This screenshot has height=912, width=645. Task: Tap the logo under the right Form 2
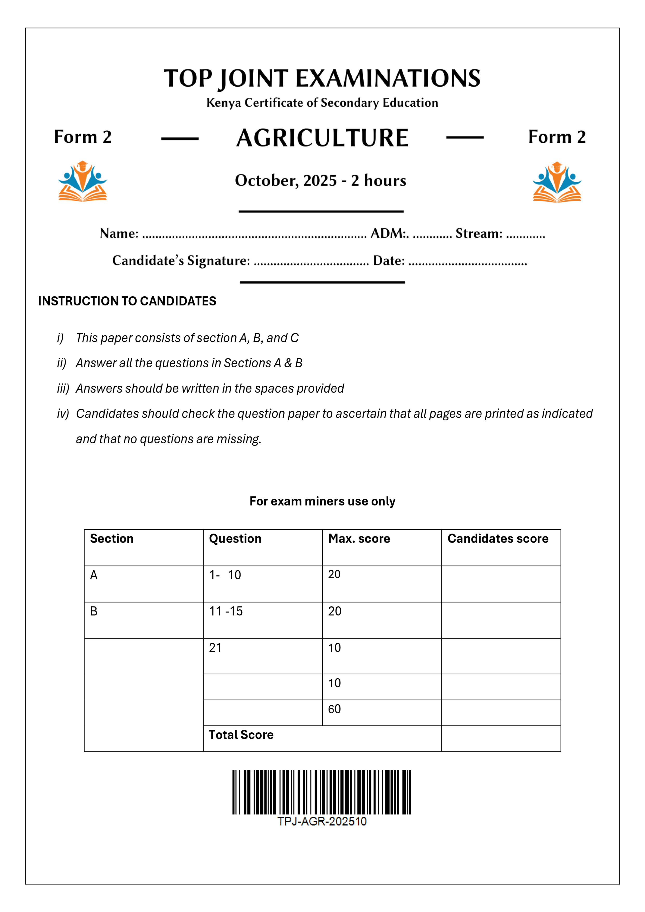[x=557, y=182]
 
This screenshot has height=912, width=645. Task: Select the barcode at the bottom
[x=321, y=792]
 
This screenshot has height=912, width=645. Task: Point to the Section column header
[x=112, y=539]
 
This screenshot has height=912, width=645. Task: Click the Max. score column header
[x=359, y=539]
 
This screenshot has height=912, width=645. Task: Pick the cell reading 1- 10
[x=225, y=575]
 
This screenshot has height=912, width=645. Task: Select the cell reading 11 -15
[x=226, y=611]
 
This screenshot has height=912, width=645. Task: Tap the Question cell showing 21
[x=215, y=648]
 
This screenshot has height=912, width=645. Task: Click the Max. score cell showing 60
[x=334, y=709]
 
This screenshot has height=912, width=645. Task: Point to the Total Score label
[x=241, y=735]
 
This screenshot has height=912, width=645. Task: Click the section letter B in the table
[x=94, y=611]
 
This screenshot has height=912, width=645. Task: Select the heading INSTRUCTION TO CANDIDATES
[x=127, y=301]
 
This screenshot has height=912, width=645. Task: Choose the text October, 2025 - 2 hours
[x=320, y=180]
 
